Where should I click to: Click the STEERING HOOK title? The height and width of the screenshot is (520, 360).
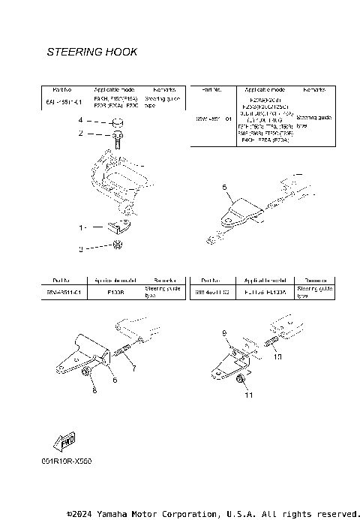click(91, 53)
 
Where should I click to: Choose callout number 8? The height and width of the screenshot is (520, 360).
click(94, 391)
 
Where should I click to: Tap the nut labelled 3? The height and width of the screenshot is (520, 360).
click(118, 245)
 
